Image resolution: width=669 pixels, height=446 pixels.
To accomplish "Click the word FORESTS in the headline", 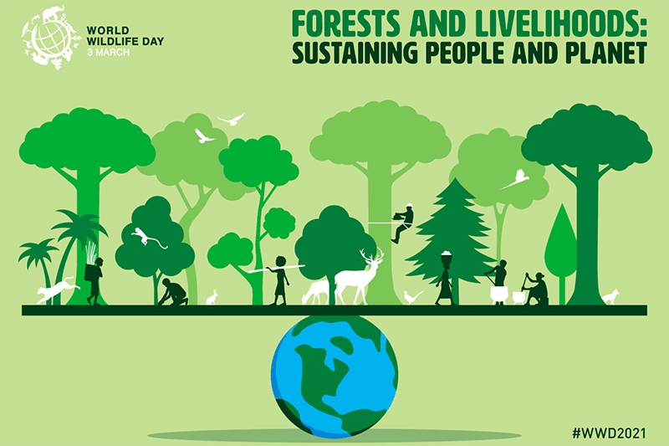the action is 346,24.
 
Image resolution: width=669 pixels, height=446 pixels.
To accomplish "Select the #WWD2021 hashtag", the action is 609,433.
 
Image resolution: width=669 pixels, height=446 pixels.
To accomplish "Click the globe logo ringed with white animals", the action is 52,38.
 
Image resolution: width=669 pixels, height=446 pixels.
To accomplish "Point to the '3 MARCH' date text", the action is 108,53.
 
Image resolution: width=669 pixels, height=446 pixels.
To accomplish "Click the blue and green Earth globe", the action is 335,377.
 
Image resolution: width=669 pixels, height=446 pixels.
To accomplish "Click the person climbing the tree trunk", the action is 402,223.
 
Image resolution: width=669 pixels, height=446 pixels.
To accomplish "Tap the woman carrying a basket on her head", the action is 445,278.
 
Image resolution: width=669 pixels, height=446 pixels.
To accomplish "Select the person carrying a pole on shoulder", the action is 280,280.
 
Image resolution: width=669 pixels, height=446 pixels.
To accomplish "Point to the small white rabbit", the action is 212,298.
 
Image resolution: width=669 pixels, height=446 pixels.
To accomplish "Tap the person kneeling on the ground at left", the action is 173,292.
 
